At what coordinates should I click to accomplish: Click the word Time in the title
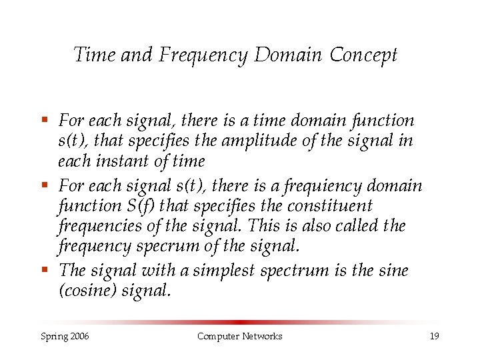95,55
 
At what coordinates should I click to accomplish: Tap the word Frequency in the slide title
203,55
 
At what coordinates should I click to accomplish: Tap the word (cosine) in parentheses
87,291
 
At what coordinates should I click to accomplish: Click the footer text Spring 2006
64,336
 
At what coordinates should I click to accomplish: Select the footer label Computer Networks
239,336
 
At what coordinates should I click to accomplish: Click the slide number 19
434,336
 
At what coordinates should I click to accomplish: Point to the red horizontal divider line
240,321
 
